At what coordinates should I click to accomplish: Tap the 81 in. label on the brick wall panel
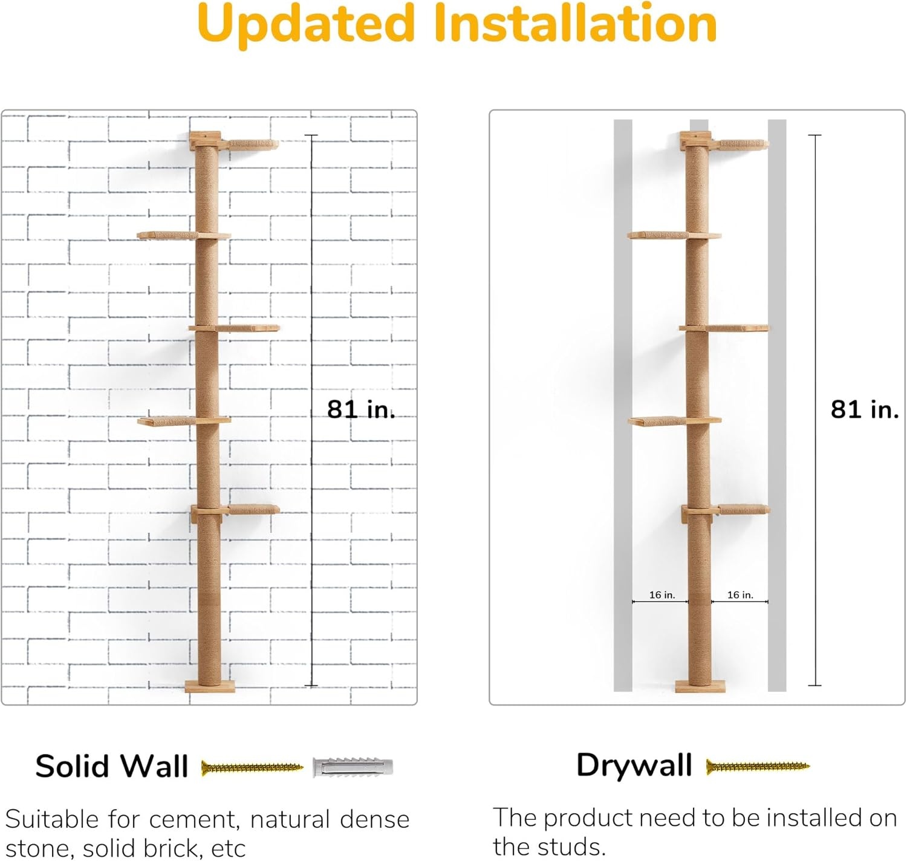pyautogui.click(x=361, y=409)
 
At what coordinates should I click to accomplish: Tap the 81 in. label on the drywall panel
pyautogui.click(x=865, y=409)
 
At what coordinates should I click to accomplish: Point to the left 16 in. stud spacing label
pyautogui.click(x=662, y=595)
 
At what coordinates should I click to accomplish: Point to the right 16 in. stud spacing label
pyautogui.click(x=740, y=595)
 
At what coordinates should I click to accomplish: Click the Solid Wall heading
pyautogui.click(x=112, y=767)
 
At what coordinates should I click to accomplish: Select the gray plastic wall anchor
pyautogui.click(x=353, y=767)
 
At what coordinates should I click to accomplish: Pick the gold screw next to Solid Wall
pyautogui.click(x=252, y=767)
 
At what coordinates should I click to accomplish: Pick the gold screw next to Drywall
pyautogui.click(x=758, y=767)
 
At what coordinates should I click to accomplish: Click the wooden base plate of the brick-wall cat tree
pyautogui.click(x=210, y=686)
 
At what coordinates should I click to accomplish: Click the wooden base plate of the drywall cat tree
pyautogui.click(x=700, y=686)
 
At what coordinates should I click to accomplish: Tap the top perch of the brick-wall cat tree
pyautogui.click(x=253, y=145)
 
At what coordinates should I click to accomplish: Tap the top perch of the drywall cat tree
pyautogui.click(x=743, y=145)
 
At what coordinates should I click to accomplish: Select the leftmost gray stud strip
pyautogui.click(x=623, y=406)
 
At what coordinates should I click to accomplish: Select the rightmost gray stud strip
pyautogui.click(x=777, y=406)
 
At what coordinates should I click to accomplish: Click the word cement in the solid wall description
pyautogui.click(x=194, y=820)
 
